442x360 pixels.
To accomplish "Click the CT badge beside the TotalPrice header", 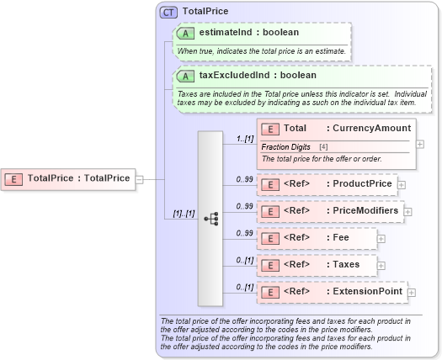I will (168, 12).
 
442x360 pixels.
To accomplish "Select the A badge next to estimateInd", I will (185, 33).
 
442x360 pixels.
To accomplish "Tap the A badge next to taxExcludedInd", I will (185, 76).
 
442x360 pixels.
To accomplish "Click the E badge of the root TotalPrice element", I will (14, 178).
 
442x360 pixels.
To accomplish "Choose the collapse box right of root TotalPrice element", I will (140, 178).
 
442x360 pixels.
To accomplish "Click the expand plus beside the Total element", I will (420, 145).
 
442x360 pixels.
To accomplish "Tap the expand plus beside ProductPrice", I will (402, 184).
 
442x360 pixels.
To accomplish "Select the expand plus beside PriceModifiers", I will (408, 211).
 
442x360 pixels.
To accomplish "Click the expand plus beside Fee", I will (381, 239).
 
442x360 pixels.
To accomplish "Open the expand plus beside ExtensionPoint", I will (412, 293).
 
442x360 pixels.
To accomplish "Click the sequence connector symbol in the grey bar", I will (211, 218).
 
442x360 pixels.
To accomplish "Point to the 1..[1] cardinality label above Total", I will (245, 137).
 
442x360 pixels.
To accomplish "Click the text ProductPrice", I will (363, 183).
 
